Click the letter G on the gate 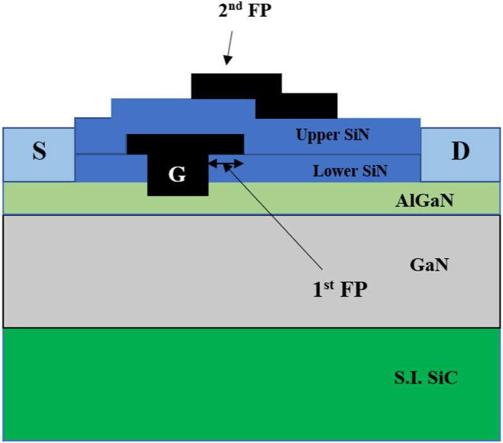[178, 174]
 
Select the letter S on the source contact [39, 153]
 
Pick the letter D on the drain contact [460, 153]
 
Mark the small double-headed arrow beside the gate [226, 164]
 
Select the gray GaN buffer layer [189, 271]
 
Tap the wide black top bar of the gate [185, 144]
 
